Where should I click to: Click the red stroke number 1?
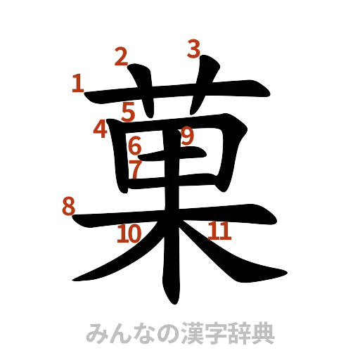77,85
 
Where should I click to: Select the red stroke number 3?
194,49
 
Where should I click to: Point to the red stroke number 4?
100,129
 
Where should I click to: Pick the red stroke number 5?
127,111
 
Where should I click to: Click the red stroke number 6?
136,146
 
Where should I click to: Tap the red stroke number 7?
136,167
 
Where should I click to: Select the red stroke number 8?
68,206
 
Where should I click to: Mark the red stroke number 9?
187,136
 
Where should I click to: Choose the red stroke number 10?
128,233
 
